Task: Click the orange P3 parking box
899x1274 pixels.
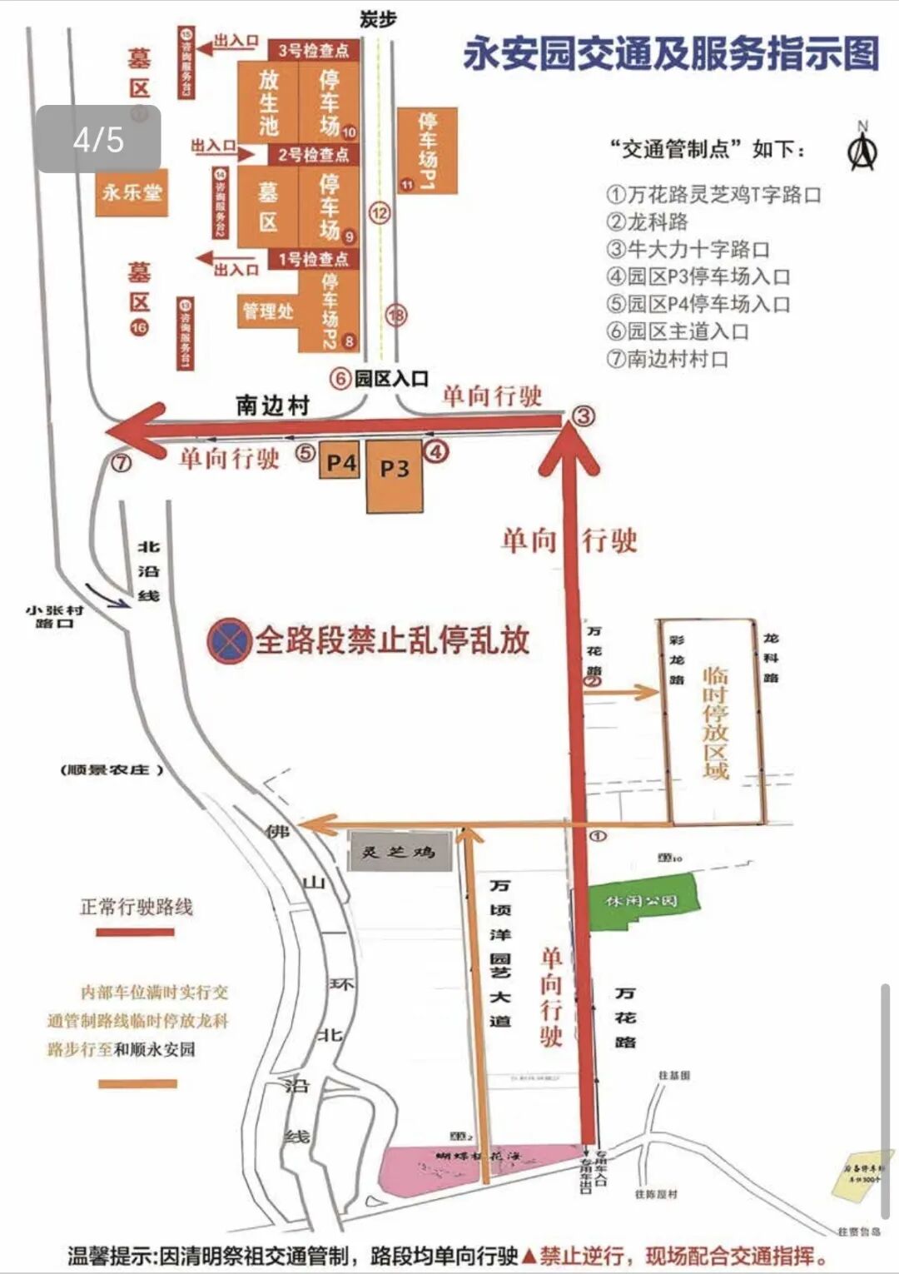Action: click(395, 474)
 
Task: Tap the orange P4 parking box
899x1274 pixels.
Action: click(340, 463)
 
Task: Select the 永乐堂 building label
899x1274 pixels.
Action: click(132, 193)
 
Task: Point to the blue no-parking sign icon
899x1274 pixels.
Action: click(229, 641)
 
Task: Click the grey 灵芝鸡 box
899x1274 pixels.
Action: click(398, 852)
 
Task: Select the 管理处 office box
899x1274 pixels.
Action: click(268, 311)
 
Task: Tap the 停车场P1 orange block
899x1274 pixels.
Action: click(427, 151)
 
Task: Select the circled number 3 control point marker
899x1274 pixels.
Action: click(584, 415)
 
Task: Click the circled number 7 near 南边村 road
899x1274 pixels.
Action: click(122, 462)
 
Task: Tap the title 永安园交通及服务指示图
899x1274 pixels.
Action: click(671, 54)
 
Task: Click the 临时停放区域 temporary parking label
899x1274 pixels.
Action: click(715, 722)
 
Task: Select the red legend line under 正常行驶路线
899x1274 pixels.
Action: click(135, 932)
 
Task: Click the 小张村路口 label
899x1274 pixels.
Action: click(54, 616)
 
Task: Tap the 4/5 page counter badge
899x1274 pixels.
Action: click(98, 139)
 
